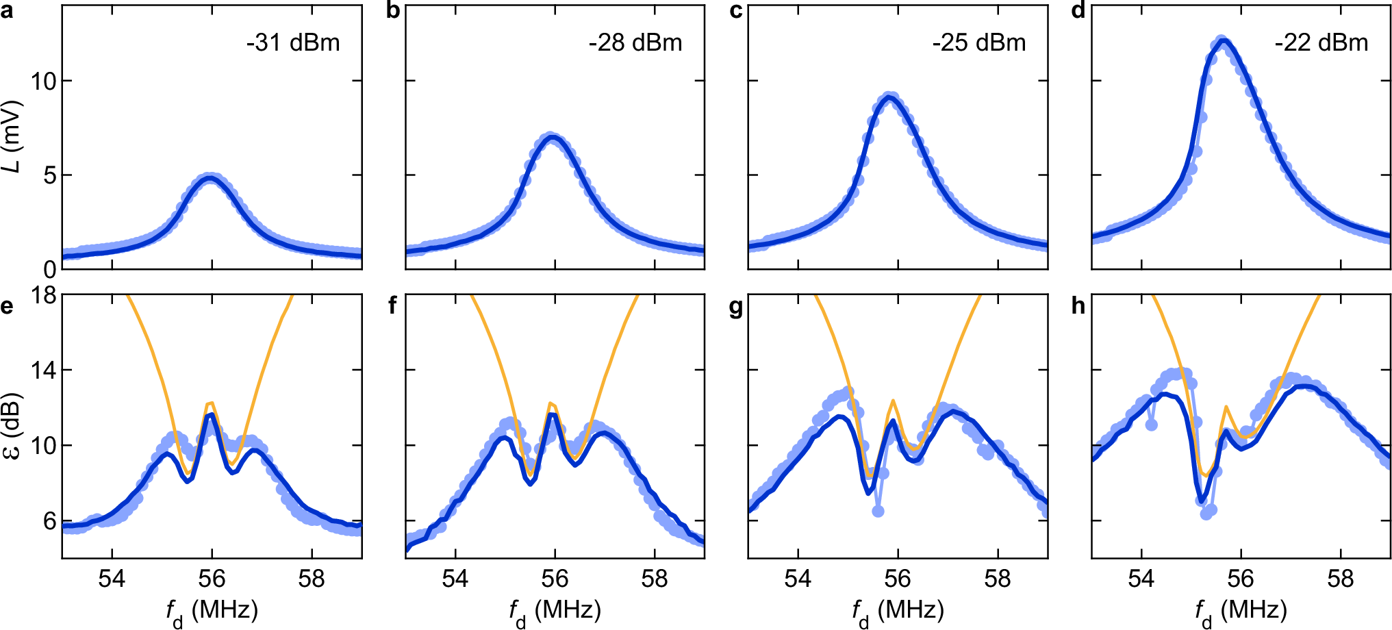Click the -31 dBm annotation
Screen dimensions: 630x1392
pos(293,43)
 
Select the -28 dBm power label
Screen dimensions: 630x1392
pos(635,43)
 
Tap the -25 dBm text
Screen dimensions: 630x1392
pos(978,43)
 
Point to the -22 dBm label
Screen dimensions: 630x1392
pos(1321,43)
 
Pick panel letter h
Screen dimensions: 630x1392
pos(1078,306)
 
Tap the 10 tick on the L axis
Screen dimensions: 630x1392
pos(43,81)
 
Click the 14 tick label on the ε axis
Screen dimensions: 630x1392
pos(43,370)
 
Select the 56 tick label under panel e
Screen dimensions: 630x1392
pos(212,579)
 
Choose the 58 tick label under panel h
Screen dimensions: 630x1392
pos(1340,579)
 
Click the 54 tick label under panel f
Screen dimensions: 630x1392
pos(455,579)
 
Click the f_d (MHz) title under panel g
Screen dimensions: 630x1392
pos(898,610)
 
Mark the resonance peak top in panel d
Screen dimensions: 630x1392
pos(1222,41)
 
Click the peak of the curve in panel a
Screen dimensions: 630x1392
pos(211,177)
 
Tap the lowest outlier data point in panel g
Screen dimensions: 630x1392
pos(878,511)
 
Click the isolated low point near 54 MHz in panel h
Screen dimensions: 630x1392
pos(1151,425)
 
